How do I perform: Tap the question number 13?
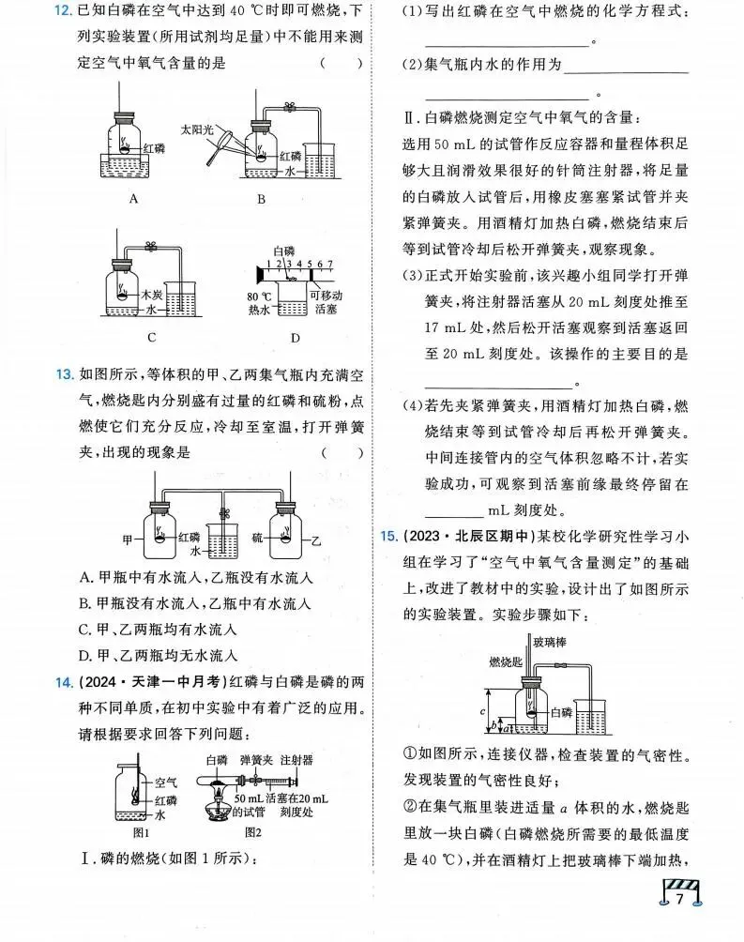[64, 375]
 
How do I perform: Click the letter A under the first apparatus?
[134, 198]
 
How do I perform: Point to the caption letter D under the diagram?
[295, 338]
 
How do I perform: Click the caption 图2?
[251, 831]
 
